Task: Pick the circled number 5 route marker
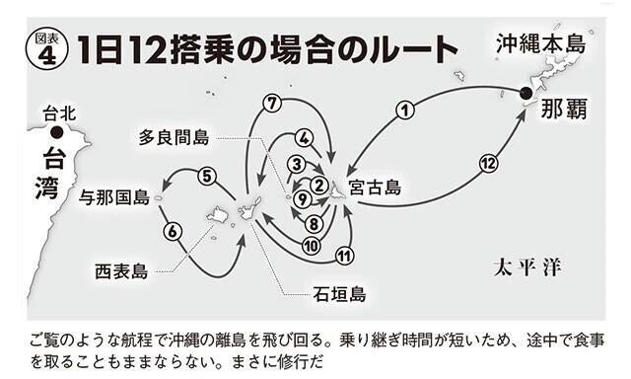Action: pos(205,177)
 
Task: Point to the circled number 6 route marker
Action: pos(174,232)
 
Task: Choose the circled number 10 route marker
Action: pos(310,245)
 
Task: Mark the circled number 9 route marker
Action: pos(304,198)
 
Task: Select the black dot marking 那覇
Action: pos(526,94)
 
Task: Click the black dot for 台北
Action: pos(58,131)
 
